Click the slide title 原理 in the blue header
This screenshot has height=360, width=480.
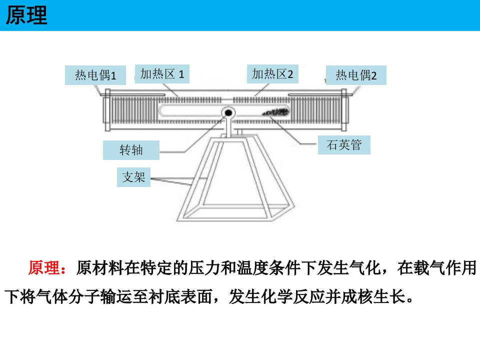(x=26, y=15)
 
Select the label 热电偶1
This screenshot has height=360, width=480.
(x=95, y=75)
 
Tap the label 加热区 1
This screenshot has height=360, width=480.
(x=162, y=74)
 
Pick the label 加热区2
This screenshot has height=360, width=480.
(x=272, y=74)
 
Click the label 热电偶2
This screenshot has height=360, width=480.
(x=356, y=75)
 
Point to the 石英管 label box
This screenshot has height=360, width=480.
(x=344, y=145)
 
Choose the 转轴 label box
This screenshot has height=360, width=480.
(x=131, y=150)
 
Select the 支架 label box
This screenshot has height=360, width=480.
(x=133, y=176)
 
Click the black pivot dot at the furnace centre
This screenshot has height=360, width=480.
(x=228, y=113)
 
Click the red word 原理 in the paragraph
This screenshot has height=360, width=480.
(x=44, y=268)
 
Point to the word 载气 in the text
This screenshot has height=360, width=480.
(x=428, y=268)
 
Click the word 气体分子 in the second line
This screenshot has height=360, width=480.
(x=60, y=296)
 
